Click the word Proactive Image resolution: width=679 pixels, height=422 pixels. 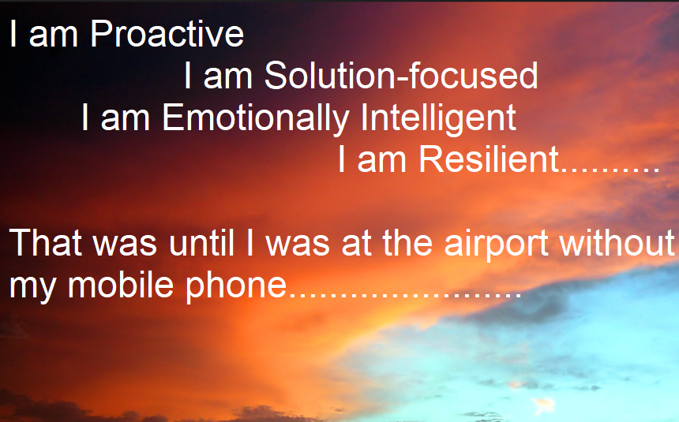167,33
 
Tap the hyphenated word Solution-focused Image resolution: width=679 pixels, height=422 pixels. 401,75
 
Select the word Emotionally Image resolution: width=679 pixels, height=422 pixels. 256,118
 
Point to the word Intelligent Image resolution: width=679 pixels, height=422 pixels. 438,118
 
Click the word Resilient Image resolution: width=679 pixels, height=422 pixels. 490,159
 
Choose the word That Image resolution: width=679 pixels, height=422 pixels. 46,242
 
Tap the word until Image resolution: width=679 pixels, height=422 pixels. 202,242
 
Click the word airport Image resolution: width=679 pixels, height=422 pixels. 497,245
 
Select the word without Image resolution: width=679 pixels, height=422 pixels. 617,242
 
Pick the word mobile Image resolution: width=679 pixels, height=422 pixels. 121,285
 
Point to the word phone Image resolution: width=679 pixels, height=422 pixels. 236,286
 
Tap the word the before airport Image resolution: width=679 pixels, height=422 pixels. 407,242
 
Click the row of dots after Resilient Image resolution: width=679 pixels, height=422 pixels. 610,170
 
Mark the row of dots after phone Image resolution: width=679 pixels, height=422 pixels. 404,295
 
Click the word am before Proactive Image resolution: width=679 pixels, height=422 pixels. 53,37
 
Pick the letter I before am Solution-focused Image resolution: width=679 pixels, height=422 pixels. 187,75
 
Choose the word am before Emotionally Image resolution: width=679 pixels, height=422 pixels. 126,121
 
